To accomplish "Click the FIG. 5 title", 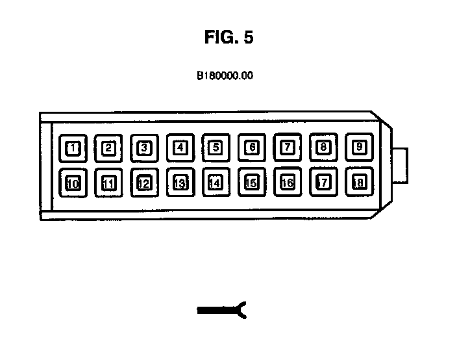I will (228, 38).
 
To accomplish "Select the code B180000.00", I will (225, 75).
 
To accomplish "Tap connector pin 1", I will (73, 148).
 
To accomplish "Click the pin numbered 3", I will (145, 148).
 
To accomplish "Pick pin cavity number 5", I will (216, 148).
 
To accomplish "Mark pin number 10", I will (73, 183).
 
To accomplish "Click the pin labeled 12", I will (145, 183).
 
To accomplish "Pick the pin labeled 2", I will (109, 148).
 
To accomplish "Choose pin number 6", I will (252, 148).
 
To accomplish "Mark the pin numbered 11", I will (109, 183).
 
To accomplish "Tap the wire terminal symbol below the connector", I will (222, 311).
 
